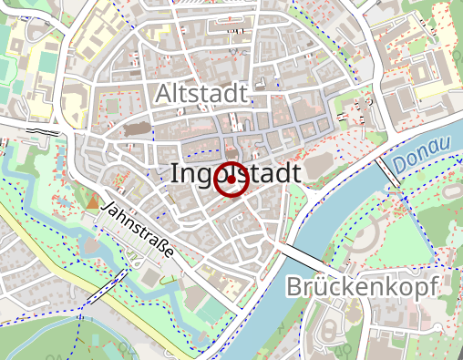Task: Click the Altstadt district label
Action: (x=201, y=93)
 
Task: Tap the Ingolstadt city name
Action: (x=235, y=174)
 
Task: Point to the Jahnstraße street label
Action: (x=140, y=235)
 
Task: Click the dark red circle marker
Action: (x=231, y=180)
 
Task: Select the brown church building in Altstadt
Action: (x=139, y=128)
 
